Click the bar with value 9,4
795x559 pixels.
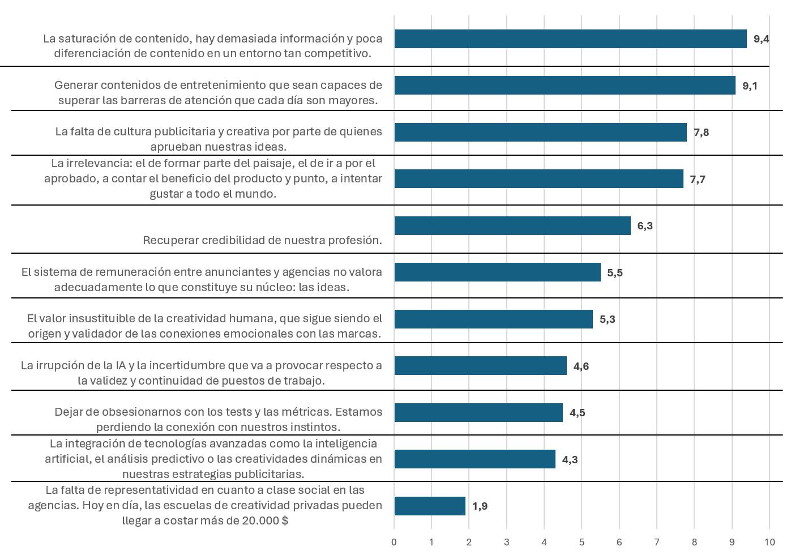point(570,39)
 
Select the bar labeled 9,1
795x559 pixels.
point(565,86)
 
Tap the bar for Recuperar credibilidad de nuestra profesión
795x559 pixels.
point(512,225)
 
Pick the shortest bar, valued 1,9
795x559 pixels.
point(430,506)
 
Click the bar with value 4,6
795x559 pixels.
point(480,366)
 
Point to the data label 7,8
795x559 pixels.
point(701,133)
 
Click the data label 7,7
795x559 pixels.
point(698,180)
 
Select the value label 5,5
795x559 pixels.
point(615,273)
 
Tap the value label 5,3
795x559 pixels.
point(608,319)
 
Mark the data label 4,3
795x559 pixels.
point(570,459)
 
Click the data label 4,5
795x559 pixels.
point(578,413)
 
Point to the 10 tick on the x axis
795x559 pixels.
point(770,542)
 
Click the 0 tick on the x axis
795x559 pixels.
point(394,542)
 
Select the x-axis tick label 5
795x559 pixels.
point(582,542)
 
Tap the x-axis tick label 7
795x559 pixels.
point(657,542)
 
